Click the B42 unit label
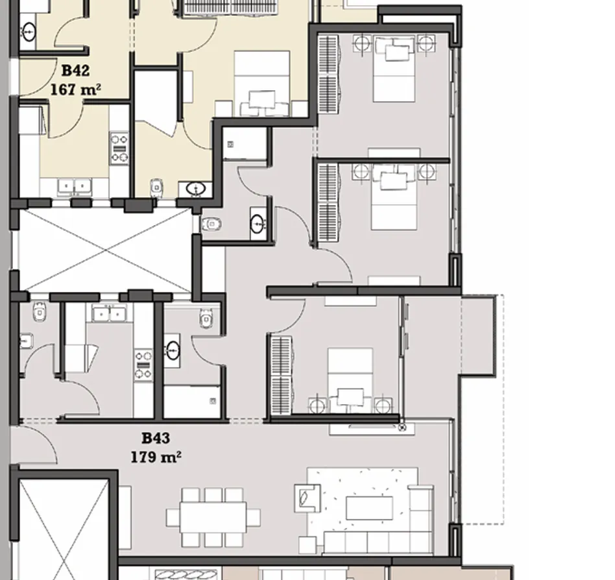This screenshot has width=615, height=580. (75, 70)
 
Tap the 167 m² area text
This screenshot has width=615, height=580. (75, 89)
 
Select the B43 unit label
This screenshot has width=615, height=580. (155, 439)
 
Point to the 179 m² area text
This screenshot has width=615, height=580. (155, 457)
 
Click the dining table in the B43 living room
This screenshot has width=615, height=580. (213, 517)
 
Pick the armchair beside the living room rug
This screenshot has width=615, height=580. (306, 497)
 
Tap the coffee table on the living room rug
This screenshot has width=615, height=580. (368, 507)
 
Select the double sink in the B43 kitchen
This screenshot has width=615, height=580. (108, 314)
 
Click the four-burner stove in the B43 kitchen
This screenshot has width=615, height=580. (143, 364)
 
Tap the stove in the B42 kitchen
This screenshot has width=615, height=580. (119, 148)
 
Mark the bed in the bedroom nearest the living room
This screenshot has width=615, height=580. (350, 380)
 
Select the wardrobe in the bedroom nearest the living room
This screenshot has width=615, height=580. (280, 376)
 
